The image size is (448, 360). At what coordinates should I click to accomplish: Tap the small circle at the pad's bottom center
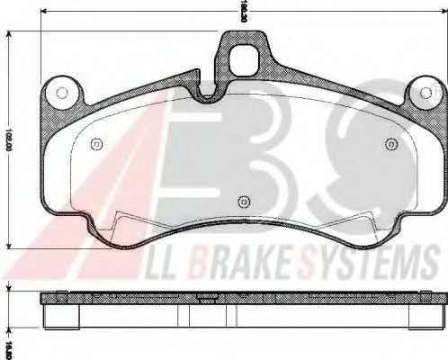coord(243,202)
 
